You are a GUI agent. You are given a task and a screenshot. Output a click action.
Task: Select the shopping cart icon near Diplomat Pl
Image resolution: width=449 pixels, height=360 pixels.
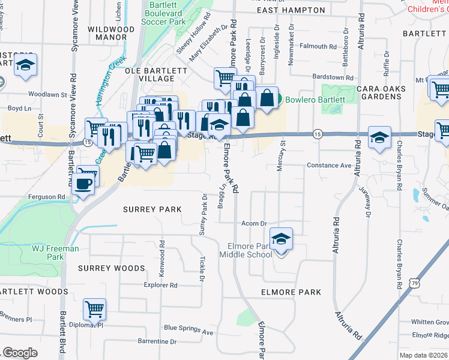[x=95, y=310]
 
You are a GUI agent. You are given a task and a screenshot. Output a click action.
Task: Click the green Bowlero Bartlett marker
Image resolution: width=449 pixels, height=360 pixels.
[x=279, y=100]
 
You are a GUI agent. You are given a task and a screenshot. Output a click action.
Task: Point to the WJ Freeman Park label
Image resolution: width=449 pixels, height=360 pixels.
[x=55, y=253]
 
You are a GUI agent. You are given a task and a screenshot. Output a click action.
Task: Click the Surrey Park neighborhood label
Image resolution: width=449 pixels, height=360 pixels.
[x=152, y=209]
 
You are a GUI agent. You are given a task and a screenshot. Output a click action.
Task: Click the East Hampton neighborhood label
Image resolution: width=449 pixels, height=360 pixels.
[x=291, y=11]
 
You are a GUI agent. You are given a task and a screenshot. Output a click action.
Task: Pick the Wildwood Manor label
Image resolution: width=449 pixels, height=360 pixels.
[x=111, y=32]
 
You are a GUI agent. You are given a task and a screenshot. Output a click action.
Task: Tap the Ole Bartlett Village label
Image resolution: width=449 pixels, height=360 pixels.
[x=156, y=74]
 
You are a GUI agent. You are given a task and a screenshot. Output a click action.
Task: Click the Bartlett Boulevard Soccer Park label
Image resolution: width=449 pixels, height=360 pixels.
[x=163, y=13]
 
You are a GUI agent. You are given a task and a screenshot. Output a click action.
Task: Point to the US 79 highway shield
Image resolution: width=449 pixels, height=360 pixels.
[x=414, y=282]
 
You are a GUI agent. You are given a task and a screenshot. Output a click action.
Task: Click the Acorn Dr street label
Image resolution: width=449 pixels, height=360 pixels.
[x=253, y=223]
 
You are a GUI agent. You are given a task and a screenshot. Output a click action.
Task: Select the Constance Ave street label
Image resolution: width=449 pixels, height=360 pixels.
[x=328, y=165]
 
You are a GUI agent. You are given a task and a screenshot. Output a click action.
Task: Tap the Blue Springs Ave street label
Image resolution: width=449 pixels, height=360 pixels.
[x=188, y=329]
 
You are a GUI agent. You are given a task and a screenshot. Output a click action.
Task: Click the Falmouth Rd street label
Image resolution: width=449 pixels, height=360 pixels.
[x=318, y=46]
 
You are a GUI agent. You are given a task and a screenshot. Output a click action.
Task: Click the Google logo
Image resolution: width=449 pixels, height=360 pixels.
[x=20, y=353]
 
